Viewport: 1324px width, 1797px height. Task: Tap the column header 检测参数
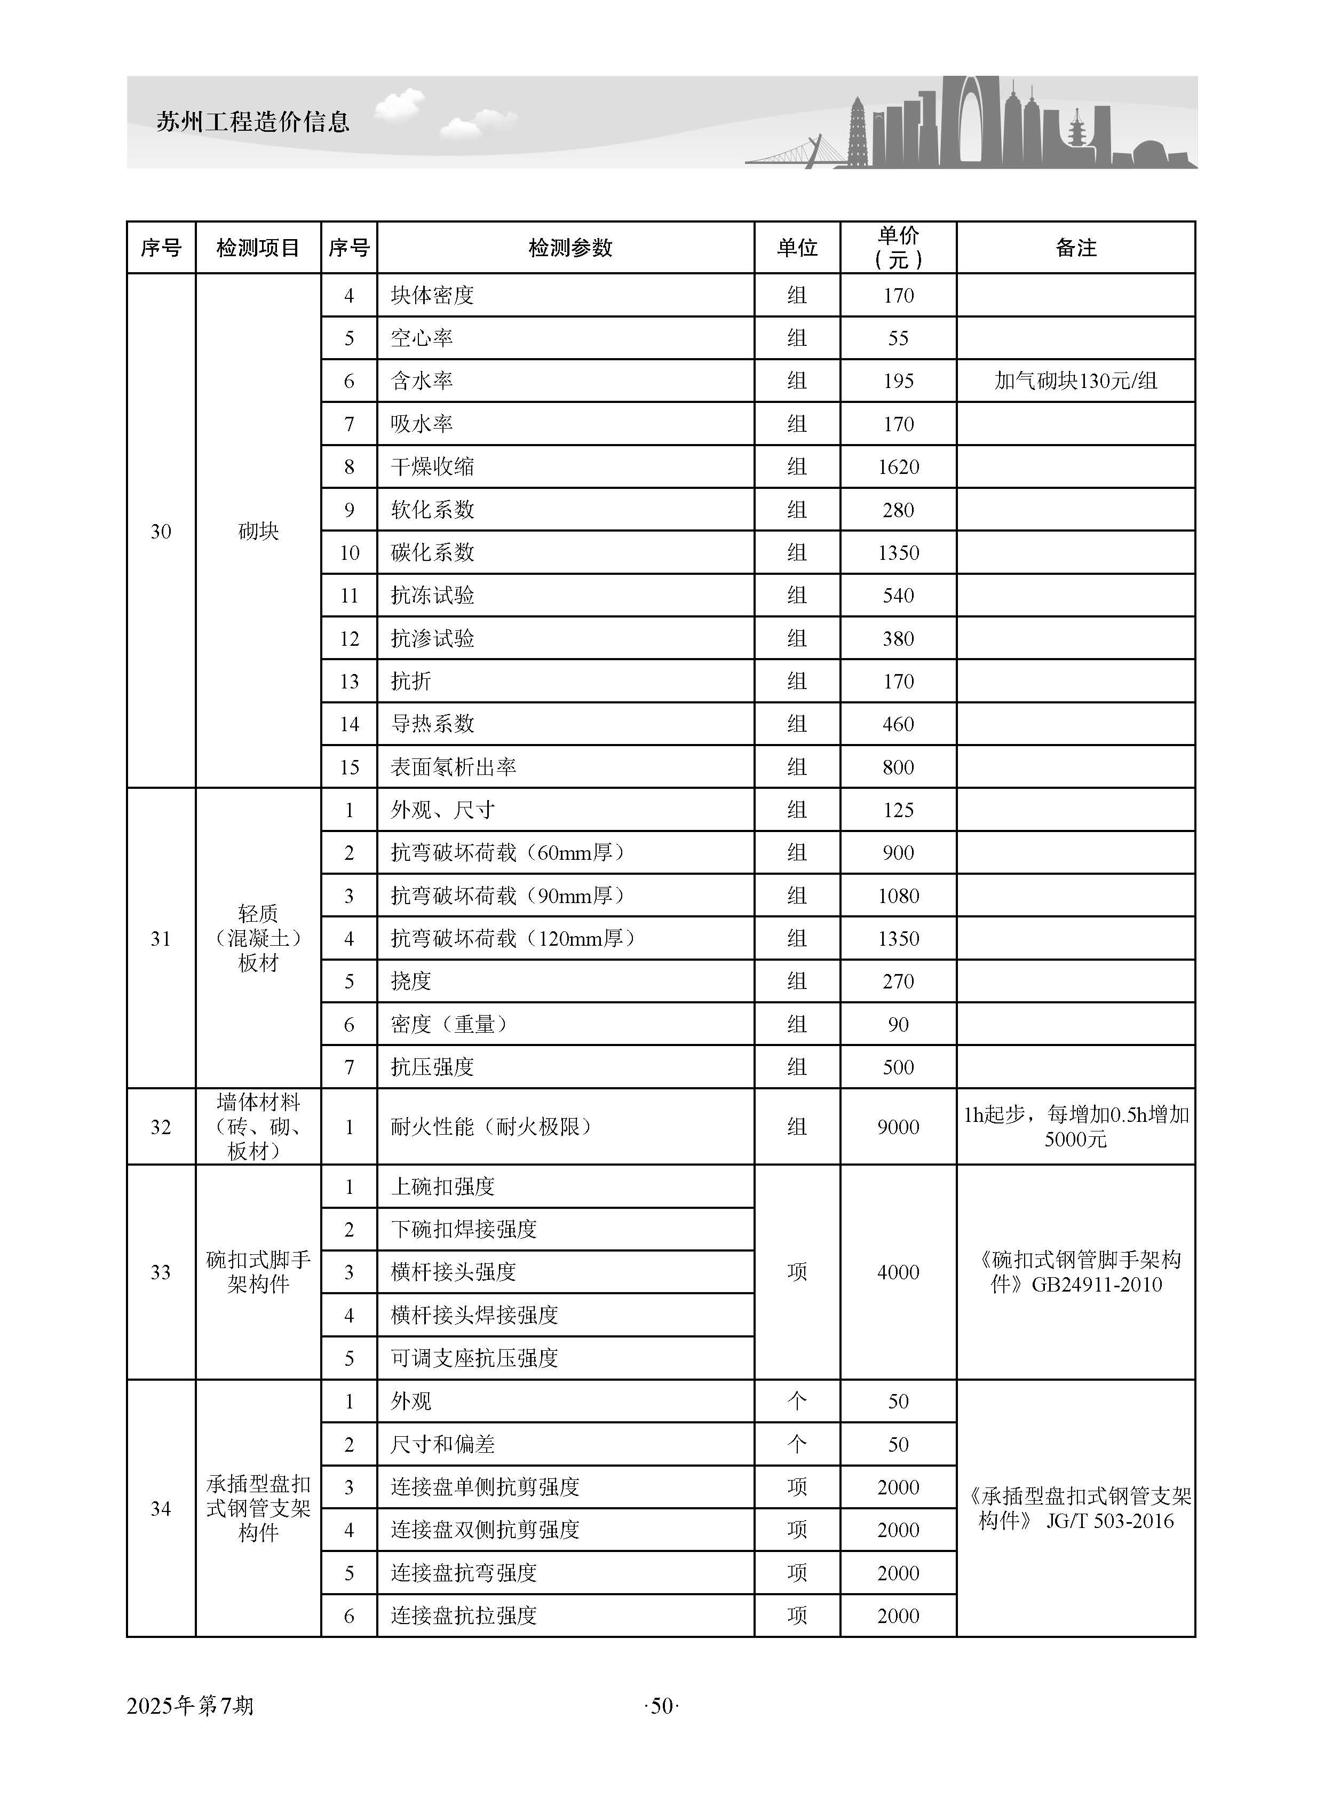(570, 248)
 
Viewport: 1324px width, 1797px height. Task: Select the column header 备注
(1075, 248)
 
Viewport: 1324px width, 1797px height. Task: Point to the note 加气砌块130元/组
(1075, 382)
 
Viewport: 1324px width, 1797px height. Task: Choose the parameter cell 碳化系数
(433, 553)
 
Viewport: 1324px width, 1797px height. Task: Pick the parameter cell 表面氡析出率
(454, 767)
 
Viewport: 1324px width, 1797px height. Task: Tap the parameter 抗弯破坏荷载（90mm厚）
(508, 895)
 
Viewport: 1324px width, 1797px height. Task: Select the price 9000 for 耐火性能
(899, 1127)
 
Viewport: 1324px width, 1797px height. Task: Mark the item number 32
(161, 1127)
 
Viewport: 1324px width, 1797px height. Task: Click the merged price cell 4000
(899, 1272)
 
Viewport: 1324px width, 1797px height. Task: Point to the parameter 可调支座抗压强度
(474, 1358)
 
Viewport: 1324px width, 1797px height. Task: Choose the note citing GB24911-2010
(1075, 1272)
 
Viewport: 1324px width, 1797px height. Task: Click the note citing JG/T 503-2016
(1075, 1508)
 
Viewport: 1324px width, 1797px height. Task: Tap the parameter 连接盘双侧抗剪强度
(485, 1529)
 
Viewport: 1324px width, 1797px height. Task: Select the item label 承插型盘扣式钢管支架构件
(258, 1508)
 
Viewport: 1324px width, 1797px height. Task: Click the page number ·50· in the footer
(661, 1706)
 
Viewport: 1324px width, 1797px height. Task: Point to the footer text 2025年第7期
(190, 1706)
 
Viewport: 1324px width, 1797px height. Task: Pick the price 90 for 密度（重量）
(899, 1024)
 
